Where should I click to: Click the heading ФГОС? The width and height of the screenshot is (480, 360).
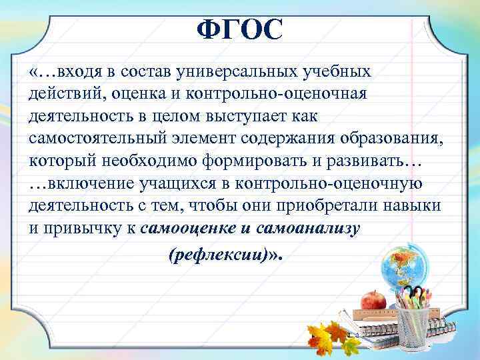[x=240, y=29]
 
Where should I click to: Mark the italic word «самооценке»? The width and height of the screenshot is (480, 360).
[x=189, y=229]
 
